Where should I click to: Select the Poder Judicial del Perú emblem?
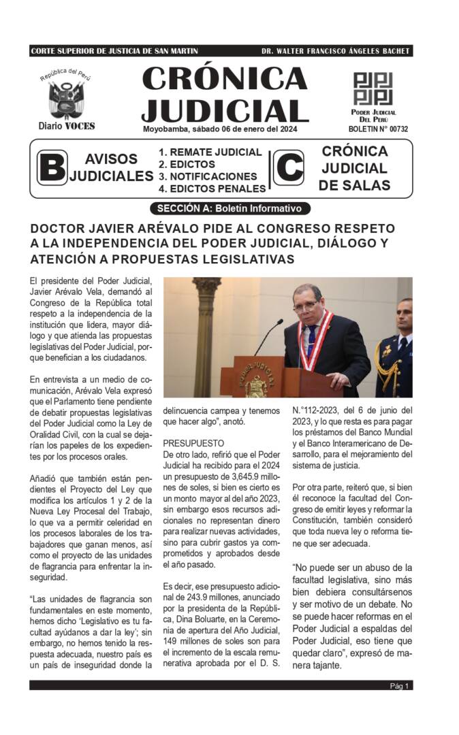pyautogui.click(x=373, y=88)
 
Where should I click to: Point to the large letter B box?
pyautogui.click(x=52, y=168)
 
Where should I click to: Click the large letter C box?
pyautogui.click(x=289, y=168)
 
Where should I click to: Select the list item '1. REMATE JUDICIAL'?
pyautogui.click(x=210, y=152)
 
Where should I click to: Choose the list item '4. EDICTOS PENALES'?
pyautogui.click(x=212, y=189)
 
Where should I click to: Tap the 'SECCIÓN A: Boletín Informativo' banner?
pyautogui.click(x=229, y=209)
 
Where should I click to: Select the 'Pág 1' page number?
pyautogui.click(x=399, y=686)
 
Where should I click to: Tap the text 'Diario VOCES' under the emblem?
pyautogui.click(x=67, y=126)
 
